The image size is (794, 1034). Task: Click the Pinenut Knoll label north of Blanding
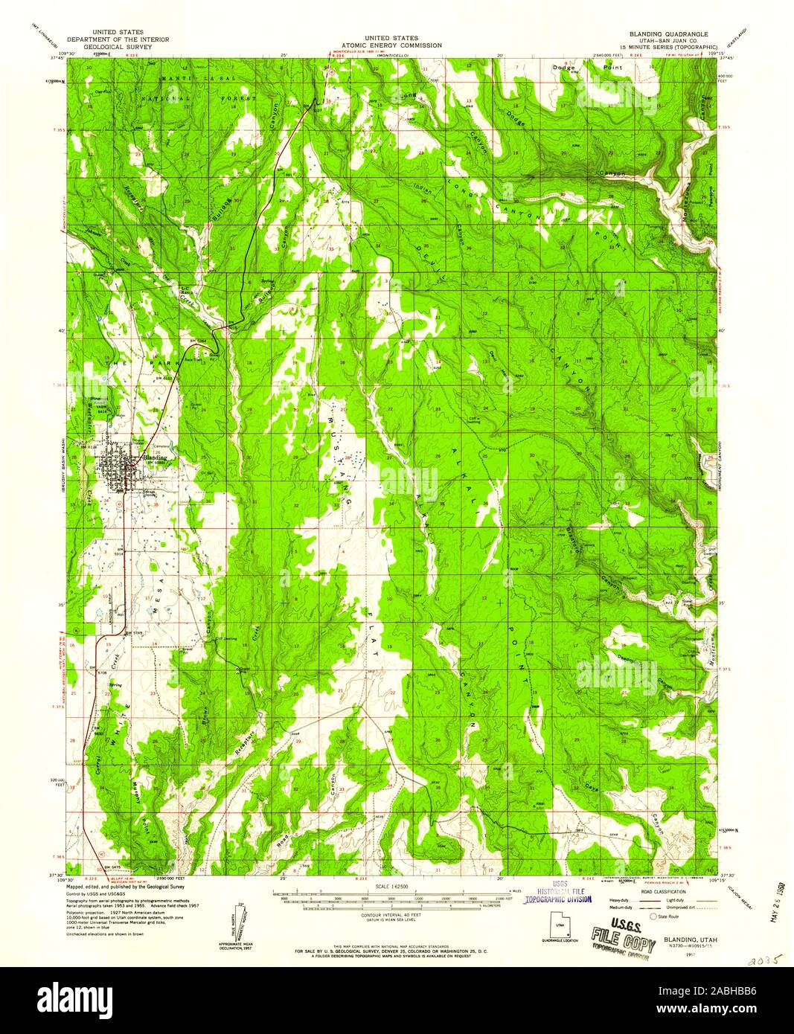coord(95,402)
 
